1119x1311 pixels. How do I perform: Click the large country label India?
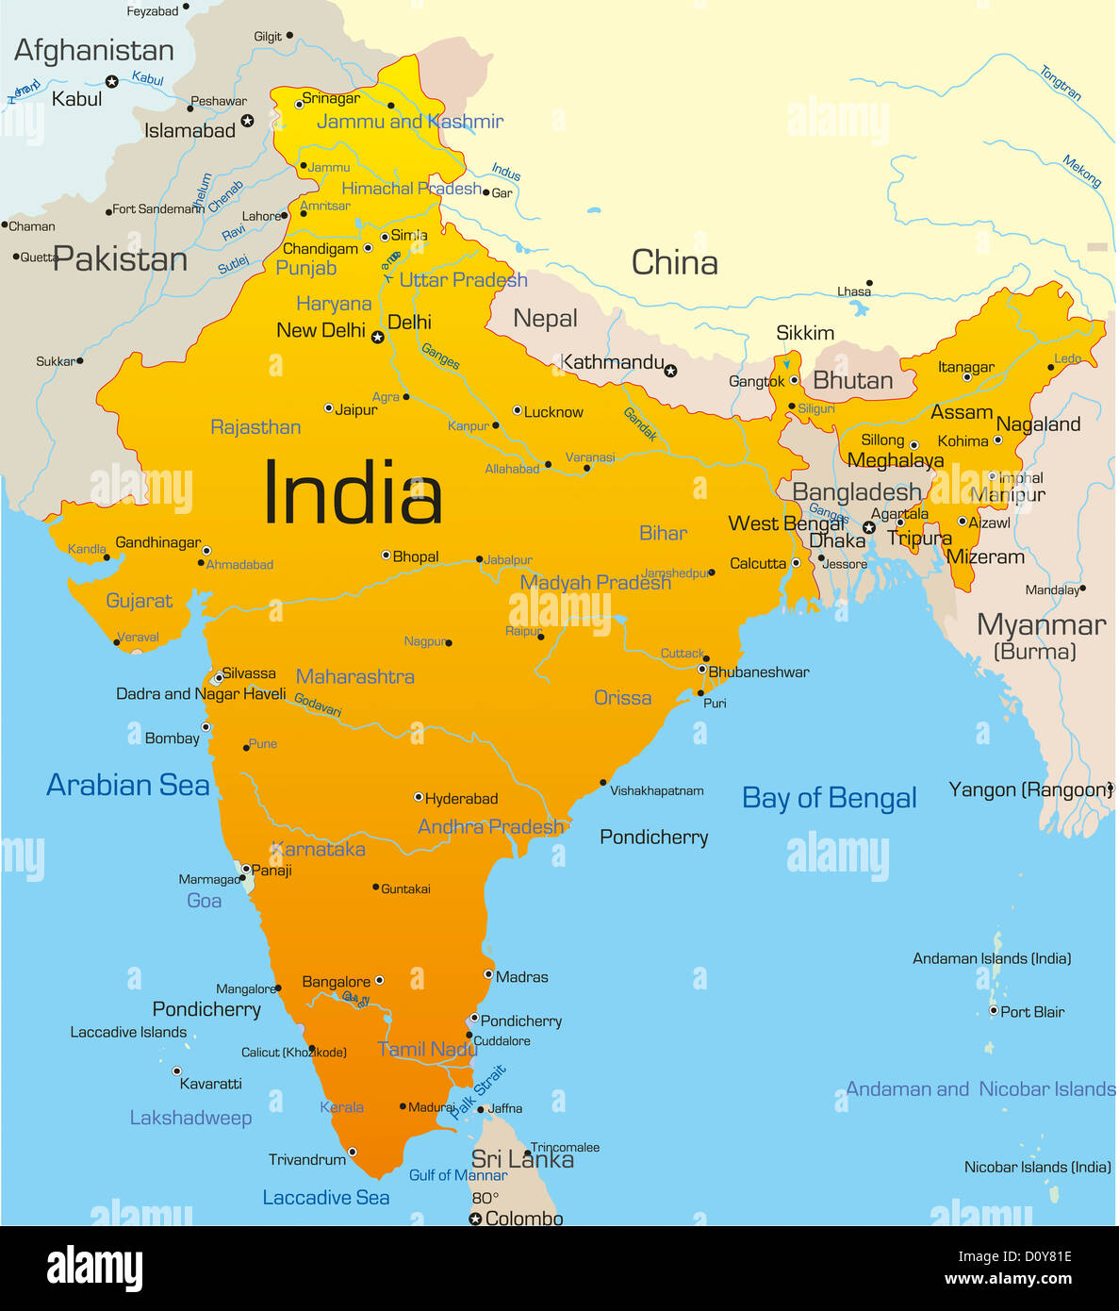pyautogui.click(x=353, y=493)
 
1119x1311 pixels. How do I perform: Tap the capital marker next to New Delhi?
pyautogui.click(x=377, y=337)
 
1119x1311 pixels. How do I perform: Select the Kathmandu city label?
pyautogui.click(x=612, y=362)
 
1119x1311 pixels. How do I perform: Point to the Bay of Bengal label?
pyautogui.click(x=829, y=799)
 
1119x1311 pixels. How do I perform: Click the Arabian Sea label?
pyautogui.click(x=128, y=785)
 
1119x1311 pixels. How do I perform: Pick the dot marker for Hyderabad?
pyautogui.click(x=419, y=797)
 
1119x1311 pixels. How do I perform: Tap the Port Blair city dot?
pyautogui.click(x=993, y=1010)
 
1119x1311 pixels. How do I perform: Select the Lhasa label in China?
pyautogui.click(x=853, y=291)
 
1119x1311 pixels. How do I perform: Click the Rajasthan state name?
pyautogui.click(x=255, y=427)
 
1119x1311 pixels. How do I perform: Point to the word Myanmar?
pyautogui.click(x=1041, y=624)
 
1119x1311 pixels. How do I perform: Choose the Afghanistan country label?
pyautogui.click(x=94, y=50)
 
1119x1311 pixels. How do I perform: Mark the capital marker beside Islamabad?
pyautogui.click(x=247, y=121)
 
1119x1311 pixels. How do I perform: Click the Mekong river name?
pyautogui.click(x=1081, y=171)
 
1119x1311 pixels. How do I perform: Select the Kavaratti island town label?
pyautogui.click(x=210, y=1084)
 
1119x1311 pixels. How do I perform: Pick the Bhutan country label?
pyautogui.click(x=852, y=380)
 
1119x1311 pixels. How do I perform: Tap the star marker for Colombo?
pyautogui.click(x=476, y=1219)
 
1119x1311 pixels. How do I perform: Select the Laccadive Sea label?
pyautogui.click(x=325, y=1198)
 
